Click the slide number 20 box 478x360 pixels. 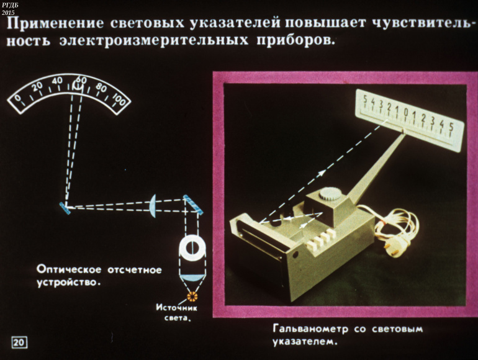coord(19,342)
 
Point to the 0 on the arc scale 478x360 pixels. coord(18,99)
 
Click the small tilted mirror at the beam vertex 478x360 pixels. coord(65,207)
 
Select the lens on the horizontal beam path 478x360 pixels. coord(153,205)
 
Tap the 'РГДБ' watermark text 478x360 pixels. coord(10,5)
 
